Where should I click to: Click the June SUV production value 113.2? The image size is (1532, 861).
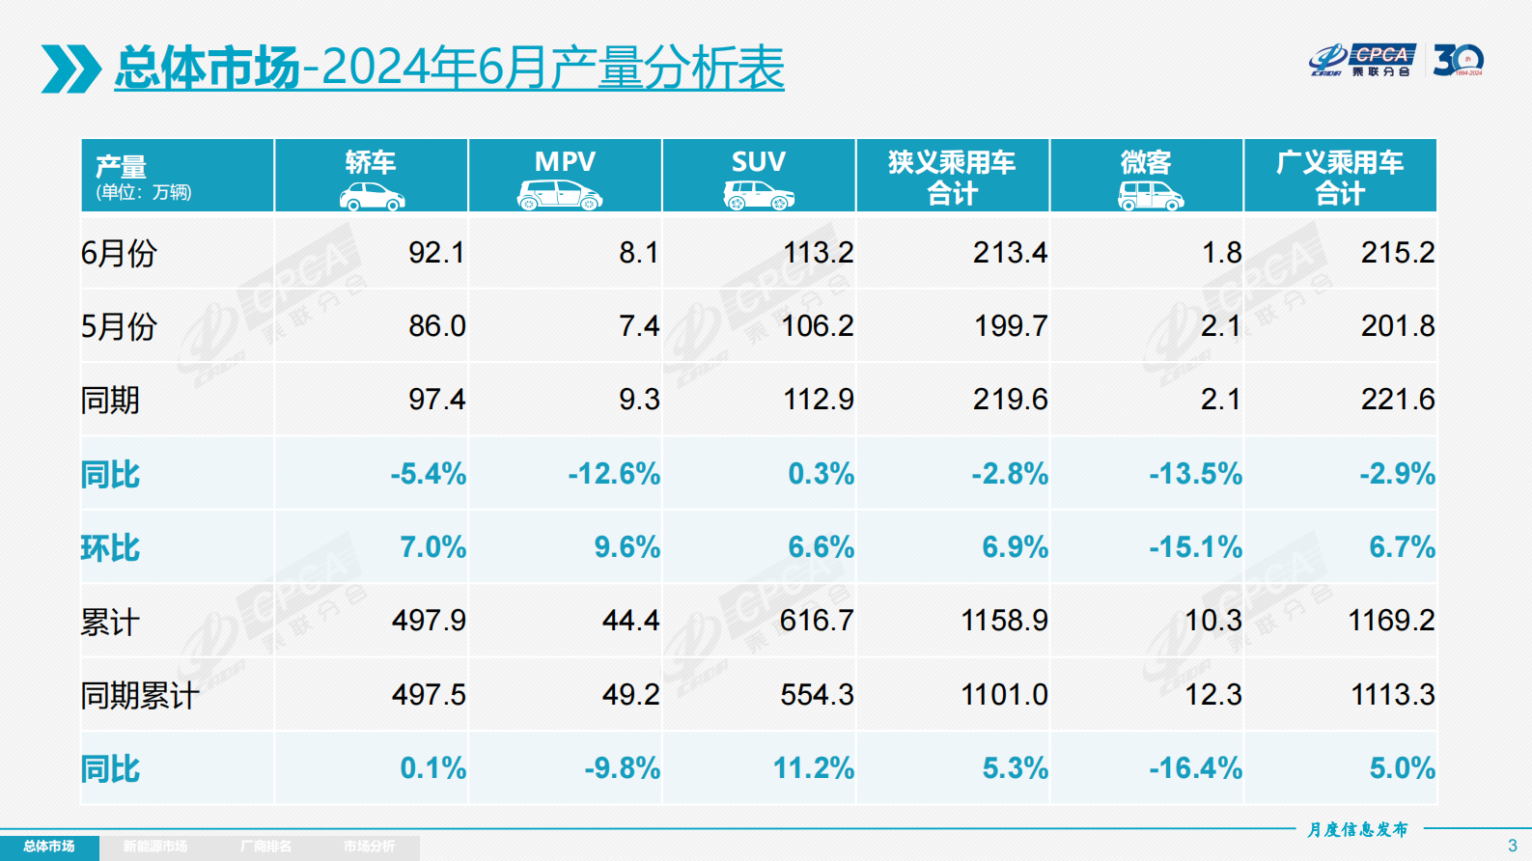pyautogui.click(x=818, y=253)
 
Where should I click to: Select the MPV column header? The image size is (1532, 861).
pyautogui.click(x=565, y=162)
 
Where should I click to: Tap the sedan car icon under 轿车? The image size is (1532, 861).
pyautogui.click(x=372, y=197)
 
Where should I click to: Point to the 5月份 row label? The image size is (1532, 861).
pyautogui.click(x=118, y=326)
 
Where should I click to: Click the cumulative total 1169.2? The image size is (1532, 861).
pyautogui.click(x=1390, y=621)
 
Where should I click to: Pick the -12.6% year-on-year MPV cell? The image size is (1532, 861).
pyautogui.click(x=613, y=474)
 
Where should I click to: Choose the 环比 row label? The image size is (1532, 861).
pyautogui.click(x=110, y=548)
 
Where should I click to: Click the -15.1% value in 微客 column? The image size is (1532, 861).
pyautogui.click(x=1194, y=547)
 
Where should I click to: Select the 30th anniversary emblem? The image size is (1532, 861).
pyautogui.click(x=1458, y=60)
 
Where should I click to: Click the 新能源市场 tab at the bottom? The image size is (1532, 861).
pyautogui.click(x=155, y=847)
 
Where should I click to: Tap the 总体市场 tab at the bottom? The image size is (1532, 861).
pyautogui.click(x=49, y=847)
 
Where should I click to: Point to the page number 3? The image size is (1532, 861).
pyautogui.click(x=1512, y=846)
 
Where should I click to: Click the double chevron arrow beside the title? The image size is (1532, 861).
pyautogui.click(x=70, y=69)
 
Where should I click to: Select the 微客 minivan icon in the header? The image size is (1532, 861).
pyautogui.click(x=1150, y=197)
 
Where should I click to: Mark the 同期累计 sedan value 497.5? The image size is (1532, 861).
pyautogui.click(x=429, y=695)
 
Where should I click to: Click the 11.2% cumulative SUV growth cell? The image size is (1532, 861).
pyautogui.click(x=813, y=768)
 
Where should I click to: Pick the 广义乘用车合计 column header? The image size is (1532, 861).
pyautogui.click(x=1339, y=177)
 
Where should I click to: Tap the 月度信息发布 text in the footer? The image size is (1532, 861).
pyautogui.click(x=1357, y=829)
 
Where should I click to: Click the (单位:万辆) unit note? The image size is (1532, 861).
pyautogui.click(x=144, y=192)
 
